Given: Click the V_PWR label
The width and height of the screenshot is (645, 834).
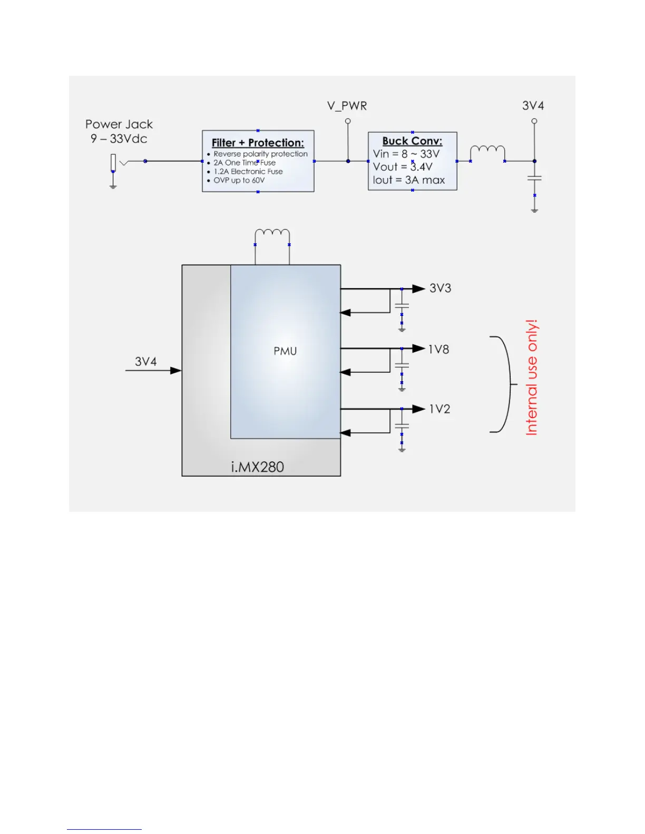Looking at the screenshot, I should pyautogui.click(x=347, y=106).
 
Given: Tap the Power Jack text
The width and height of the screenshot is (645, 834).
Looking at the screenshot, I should pyautogui.click(x=119, y=124).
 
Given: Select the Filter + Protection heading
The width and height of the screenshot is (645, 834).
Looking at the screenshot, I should pyautogui.click(x=258, y=143).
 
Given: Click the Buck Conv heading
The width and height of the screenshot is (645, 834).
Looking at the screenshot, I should pyautogui.click(x=412, y=141).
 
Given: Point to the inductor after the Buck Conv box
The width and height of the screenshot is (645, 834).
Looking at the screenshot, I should pyautogui.click(x=487, y=152).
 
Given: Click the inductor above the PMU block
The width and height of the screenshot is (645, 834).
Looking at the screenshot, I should pyautogui.click(x=272, y=235).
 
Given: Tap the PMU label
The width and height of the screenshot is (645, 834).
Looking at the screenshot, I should pyautogui.click(x=285, y=351).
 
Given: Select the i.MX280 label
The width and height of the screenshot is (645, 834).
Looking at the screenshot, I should pyautogui.click(x=257, y=467).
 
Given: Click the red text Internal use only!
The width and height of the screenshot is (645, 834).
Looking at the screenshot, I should pyautogui.click(x=532, y=377).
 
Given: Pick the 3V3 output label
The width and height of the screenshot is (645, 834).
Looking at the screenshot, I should pyautogui.click(x=441, y=289).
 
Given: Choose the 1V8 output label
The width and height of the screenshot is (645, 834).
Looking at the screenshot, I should pyautogui.click(x=438, y=350).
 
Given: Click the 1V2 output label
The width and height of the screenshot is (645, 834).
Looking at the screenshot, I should pyautogui.click(x=439, y=409).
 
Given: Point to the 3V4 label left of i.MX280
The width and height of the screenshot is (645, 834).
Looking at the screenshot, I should pyautogui.click(x=146, y=362).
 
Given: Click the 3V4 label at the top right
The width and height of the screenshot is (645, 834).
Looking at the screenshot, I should pyautogui.click(x=533, y=106).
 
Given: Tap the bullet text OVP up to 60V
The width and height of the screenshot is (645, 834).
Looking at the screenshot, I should pyautogui.click(x=239, y=181).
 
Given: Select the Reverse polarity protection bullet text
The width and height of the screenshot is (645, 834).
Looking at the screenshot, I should pyautogui.click(x=260, y=154).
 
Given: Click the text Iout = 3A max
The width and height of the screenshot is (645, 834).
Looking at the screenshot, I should pyautogui.click(x=409, y=180).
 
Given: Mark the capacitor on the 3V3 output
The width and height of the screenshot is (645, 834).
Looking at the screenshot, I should pyautogui.click(x=402, y=306).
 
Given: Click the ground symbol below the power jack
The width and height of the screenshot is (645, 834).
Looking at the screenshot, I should pyautogui.click(x=113, y=186).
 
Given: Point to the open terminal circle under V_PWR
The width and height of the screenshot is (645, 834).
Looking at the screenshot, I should pyautogui.click(x=348, y=121).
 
